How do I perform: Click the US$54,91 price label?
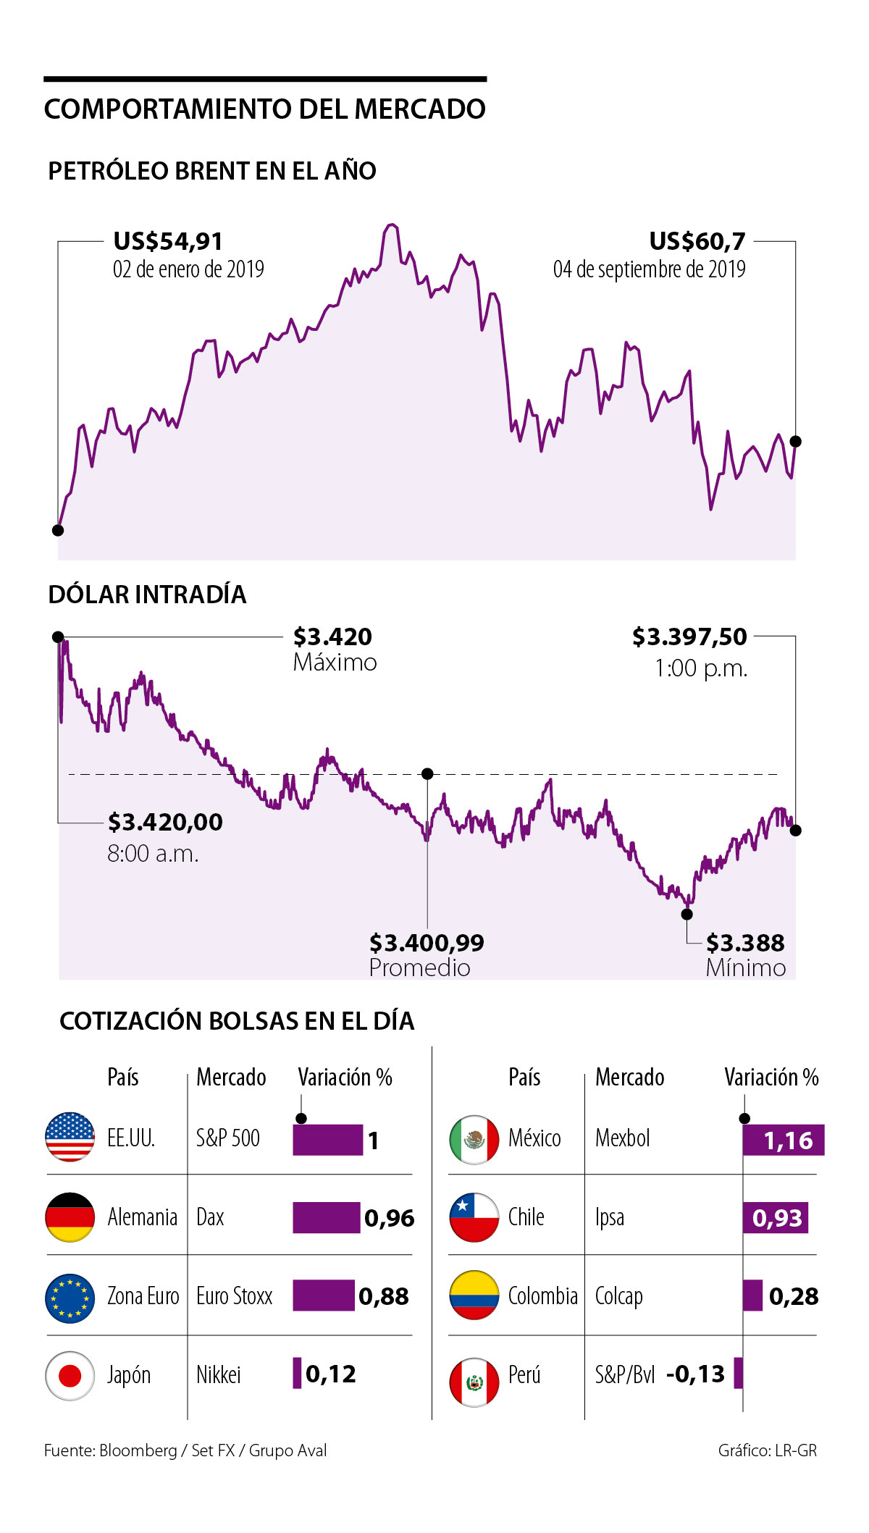coord(168,241)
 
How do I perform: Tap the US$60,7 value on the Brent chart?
coord(697,241)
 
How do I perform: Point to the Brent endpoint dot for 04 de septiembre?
coord(795,442)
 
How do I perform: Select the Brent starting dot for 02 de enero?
coord(58,530)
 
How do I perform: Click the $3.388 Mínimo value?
coord(745,943)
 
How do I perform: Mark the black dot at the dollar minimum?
coord(687,914)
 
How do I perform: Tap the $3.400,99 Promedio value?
coord(427,943)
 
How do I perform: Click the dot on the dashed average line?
coord(427,774)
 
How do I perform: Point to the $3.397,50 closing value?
coord(689,637)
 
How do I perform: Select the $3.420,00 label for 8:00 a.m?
coord(165,822)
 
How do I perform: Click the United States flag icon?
coord(70,1137)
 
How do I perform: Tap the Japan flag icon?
coord(70,1375)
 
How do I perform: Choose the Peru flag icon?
coord(474,1382)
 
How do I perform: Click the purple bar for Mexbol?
coord(784,1140)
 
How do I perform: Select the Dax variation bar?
coord(326,1217)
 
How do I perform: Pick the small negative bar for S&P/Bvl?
coord(738,1373)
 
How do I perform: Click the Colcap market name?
coord(618,1296)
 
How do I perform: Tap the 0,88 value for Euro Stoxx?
coord(384,1296)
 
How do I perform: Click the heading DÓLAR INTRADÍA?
coord(147,595)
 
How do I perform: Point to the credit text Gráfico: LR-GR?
coord(767,1450)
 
